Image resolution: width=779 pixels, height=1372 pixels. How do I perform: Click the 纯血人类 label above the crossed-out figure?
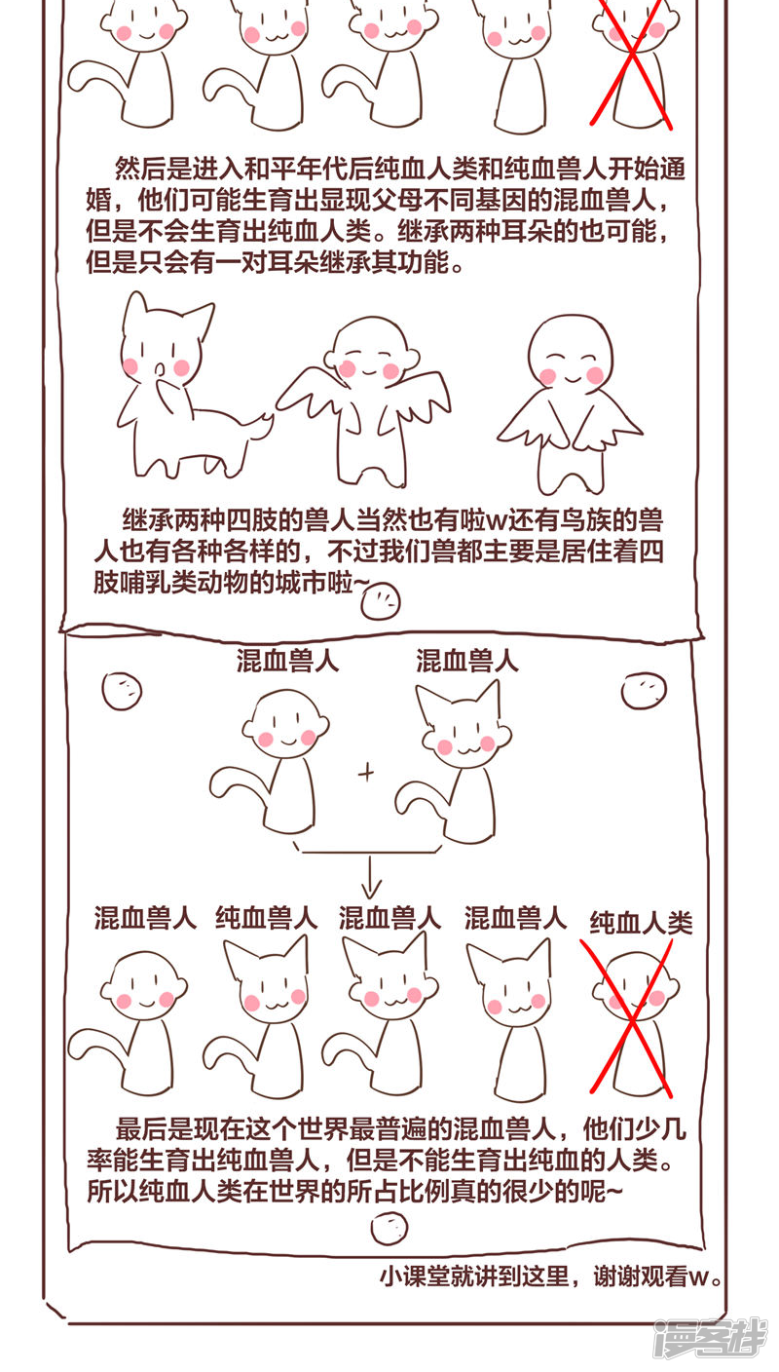[641, 923]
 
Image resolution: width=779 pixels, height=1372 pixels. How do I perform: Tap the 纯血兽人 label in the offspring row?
[267, 918]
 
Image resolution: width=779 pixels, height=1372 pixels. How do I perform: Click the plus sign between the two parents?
[366, 773]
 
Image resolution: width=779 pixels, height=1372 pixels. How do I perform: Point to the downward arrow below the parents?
[371, 877]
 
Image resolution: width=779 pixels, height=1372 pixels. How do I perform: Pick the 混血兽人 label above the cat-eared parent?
[467, 662]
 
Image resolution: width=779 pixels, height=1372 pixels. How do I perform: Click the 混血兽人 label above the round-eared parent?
[287, 662]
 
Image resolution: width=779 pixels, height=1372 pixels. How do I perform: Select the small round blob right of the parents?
[643, 691]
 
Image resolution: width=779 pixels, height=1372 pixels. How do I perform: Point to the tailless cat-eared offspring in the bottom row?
[513, 1020]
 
